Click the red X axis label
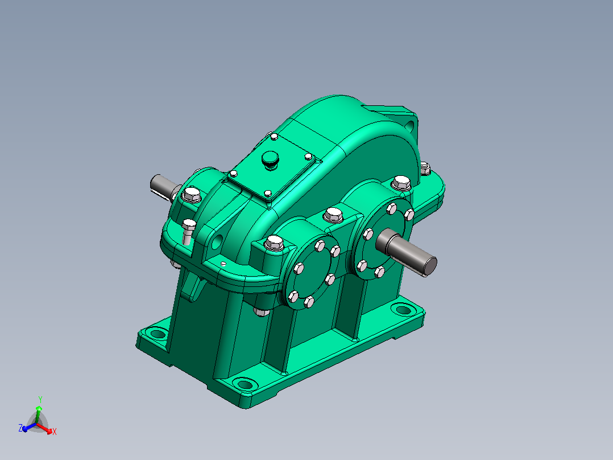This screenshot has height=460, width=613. click(55, 432)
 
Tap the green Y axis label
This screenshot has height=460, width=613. click(40, 400)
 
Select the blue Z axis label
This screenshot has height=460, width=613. click(20, 428)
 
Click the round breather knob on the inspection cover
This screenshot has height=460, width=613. click(269, 160)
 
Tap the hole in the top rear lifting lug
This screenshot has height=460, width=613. click(409, 126)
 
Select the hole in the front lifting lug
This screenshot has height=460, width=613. click(217, 241)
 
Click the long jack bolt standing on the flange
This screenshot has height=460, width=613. click(188, 232)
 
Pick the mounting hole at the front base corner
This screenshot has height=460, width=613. click(245, 384)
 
